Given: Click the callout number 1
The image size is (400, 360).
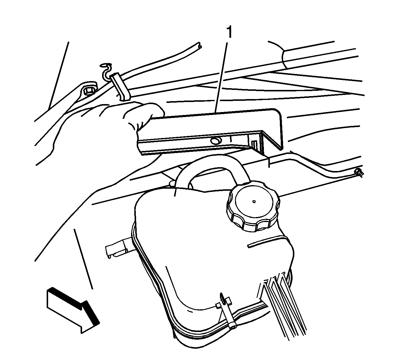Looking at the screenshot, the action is (229, 32).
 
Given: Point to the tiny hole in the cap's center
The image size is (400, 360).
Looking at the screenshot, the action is (254, 201).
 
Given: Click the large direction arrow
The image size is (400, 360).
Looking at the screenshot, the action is (73, 310).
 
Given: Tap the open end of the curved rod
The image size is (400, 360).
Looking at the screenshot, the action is (199, 45).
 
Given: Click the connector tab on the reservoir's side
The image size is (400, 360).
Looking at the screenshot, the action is (118, 248).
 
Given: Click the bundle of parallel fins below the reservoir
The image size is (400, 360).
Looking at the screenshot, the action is (283, 305).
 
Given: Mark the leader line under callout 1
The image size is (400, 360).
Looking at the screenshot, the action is (221, 78).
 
